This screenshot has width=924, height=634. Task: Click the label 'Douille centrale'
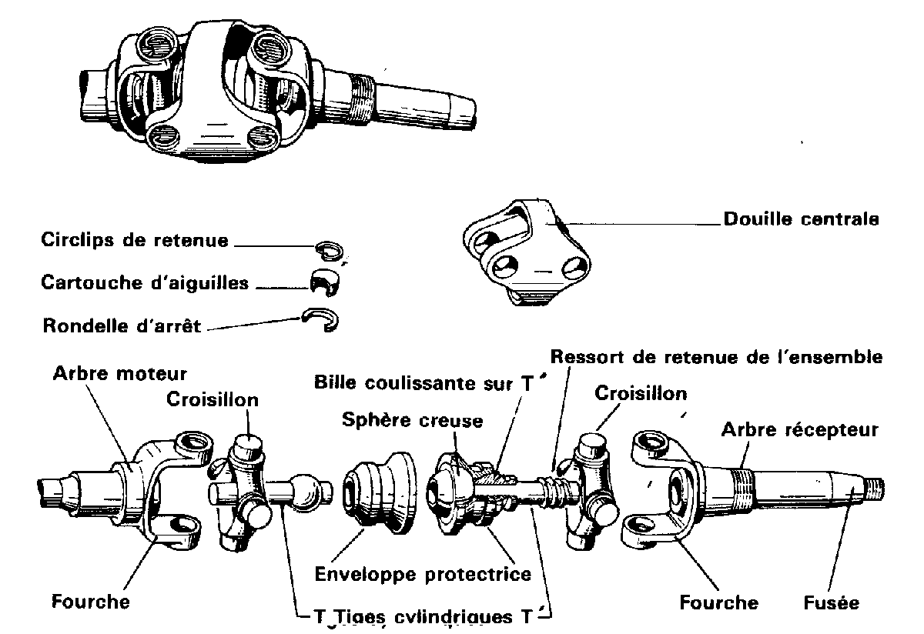click(x=801, y=219)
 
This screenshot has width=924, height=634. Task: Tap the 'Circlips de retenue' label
click(x=135, y=240)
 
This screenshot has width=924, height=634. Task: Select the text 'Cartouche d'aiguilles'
click(x=145, y=282)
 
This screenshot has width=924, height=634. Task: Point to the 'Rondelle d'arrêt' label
click(x=121, y=325)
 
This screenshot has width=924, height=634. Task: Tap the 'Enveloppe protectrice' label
click(x=423, y=574)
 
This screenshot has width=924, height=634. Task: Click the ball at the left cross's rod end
click(x=306, y=493)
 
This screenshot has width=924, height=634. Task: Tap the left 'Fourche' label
click(x=90, y=601)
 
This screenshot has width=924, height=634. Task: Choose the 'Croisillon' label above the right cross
click(x=641, y=394)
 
